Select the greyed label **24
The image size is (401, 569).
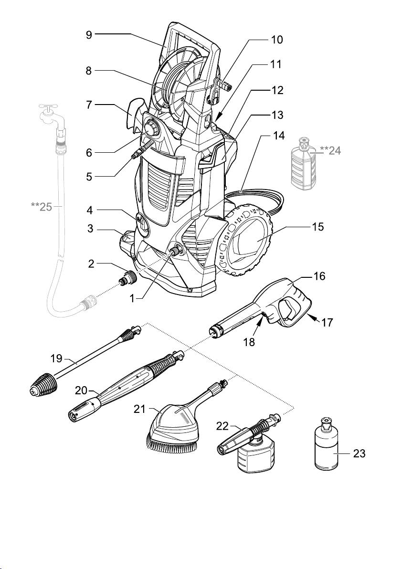330,150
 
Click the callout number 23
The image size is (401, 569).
359,454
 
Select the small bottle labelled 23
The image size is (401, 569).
327,444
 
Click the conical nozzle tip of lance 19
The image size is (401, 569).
43,385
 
